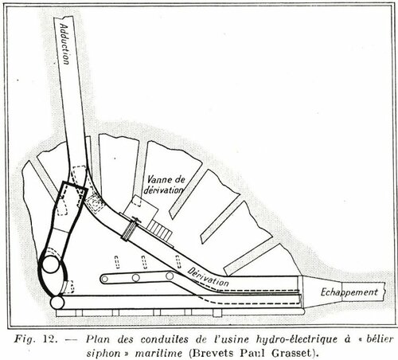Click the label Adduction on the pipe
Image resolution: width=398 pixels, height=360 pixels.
[x=65, y=44]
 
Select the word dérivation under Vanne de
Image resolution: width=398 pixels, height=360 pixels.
[x=163, y=190]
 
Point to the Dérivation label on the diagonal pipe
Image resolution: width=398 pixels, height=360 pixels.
[x=208, y=276]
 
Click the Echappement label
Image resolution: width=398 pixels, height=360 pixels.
[x=349, y=292]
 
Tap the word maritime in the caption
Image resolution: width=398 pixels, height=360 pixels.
[x=158, y=353]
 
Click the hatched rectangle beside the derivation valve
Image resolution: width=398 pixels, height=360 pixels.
[x=160, y=230]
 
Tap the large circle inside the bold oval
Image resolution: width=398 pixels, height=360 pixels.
[x=51, y=264]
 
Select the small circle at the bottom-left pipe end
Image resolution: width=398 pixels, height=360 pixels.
[x=57, y=303]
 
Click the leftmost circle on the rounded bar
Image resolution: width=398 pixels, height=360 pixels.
[x=105, y=279]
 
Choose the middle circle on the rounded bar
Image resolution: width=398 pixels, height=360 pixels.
[x=136, y=278]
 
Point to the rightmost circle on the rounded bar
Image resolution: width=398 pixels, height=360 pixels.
[x=170, y=276]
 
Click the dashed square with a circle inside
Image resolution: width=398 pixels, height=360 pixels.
[x=94, y=202]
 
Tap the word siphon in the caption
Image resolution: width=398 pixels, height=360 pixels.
[x=103, y=354]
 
